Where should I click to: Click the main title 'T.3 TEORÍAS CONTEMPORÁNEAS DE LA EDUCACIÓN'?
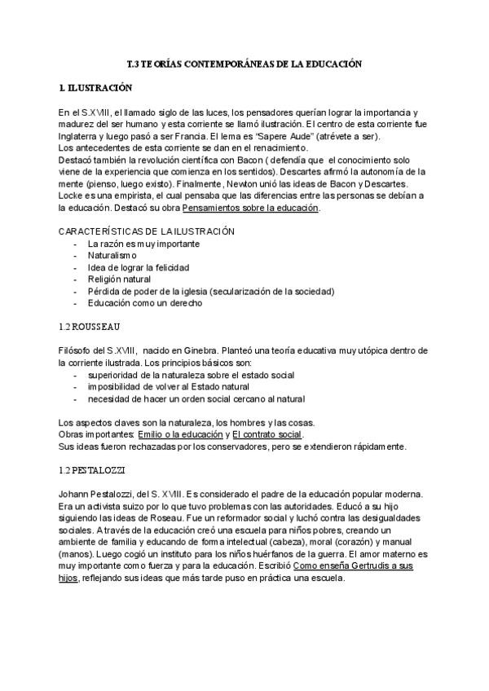pos(244,63)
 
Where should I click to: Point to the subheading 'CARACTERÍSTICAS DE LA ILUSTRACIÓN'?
pos(147,231)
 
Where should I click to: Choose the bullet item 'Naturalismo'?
pos(112,255)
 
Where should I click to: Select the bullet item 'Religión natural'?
pos(120,279)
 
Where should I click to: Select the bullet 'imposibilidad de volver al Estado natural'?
pos(172,386)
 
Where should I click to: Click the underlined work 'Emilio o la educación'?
pos(181,436)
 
